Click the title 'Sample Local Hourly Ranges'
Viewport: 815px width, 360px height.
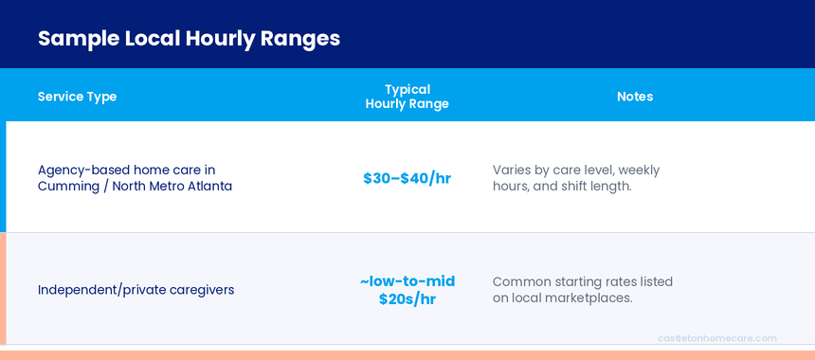coord(189,39)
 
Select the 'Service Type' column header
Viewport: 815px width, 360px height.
coord(77,97)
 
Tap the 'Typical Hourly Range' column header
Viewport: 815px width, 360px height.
coord(407,97)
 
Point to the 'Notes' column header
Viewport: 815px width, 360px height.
coord(635,97)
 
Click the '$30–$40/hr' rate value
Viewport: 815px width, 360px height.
coord(407,178)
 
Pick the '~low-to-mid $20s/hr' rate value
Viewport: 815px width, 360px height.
coord(407,290)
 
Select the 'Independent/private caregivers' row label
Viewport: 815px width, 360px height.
coord(136,290)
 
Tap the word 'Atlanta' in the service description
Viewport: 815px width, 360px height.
coord(206,187)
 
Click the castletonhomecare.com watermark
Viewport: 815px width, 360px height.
coord(716,338)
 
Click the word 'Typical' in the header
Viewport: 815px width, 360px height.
coord(407,89)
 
